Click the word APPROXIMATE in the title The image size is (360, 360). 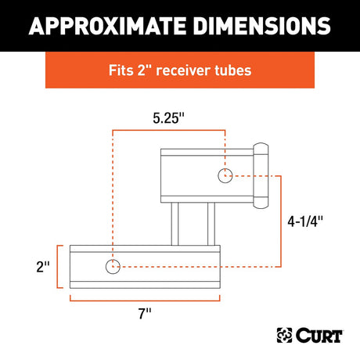107,26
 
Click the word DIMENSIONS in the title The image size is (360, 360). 262,26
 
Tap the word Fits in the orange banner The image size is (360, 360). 121,70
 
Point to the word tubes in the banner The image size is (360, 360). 232,70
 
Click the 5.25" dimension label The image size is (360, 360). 168,118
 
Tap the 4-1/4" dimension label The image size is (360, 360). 305,221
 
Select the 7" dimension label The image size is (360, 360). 145,313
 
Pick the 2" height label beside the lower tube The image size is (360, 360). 43,267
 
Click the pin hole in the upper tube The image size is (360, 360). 225,175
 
